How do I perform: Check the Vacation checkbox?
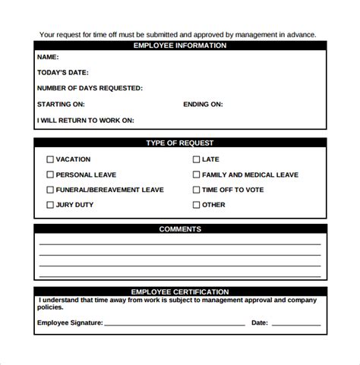pos(50,159)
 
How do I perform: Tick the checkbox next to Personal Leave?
pos(50,175)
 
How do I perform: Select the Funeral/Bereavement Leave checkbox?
pos(50,190)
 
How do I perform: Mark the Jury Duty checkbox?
pos(50,205)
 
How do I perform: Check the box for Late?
pos(196,159)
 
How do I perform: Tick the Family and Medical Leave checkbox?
pos(196,175)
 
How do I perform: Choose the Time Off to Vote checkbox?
pos(196,190)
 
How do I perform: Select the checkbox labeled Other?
pos(196,205)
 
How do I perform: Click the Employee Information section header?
pos(180,46)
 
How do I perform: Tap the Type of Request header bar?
pos(180,143)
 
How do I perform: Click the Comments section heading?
pos(180,228)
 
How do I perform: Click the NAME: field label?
pos(48,57)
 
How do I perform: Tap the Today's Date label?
pos(63,73)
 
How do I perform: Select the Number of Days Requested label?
pos(90,88)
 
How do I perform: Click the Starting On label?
pos(61,104)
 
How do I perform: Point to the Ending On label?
pos(203,104)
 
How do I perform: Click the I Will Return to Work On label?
pos(85,120)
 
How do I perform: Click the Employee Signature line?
pos(174,324)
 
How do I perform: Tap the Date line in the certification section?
pos(298,324)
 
